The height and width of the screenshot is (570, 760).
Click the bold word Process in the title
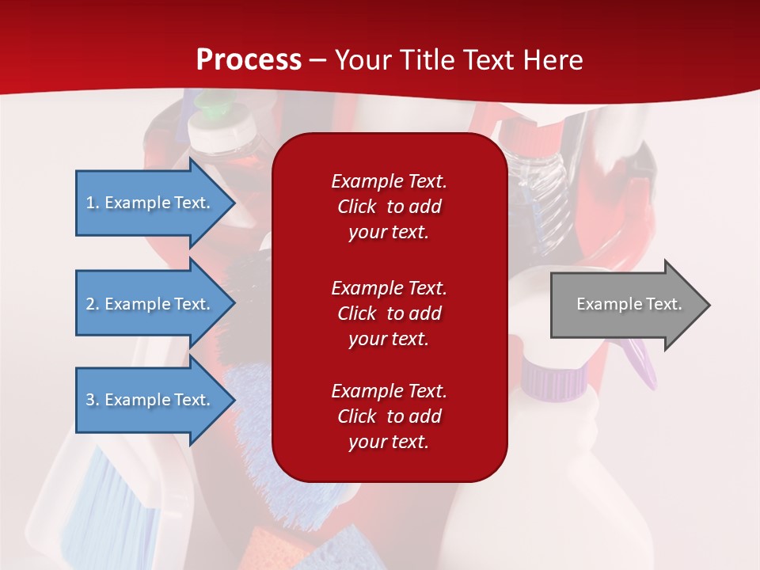coord(249,59)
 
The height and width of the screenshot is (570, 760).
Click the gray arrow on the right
coord(625,305)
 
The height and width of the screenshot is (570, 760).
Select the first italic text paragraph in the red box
coord(389,207)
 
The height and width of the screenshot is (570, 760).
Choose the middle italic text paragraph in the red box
coord(389,313)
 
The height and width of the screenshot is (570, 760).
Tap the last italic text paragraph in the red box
coord(389,416)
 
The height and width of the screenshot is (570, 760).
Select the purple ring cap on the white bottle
coord(553,378)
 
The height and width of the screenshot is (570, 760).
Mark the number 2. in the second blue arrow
coord(93,304)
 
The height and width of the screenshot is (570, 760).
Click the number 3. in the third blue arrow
coord(93,400)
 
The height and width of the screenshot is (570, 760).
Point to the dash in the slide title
coord(317,60)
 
